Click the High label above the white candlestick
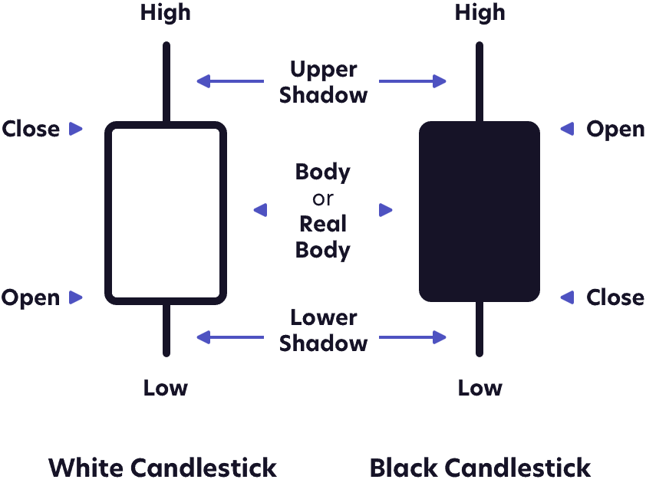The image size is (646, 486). (166, 13)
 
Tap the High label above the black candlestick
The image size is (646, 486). (480, 13)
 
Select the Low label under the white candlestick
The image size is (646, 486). (166, 388)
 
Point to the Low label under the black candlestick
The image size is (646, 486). (480, 388)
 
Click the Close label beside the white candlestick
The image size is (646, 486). (31, 129)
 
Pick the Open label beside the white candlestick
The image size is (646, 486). (31, 297)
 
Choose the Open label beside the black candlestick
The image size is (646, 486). (615, 129)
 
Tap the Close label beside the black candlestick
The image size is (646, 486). (615, 297)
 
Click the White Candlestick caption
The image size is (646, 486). (163, 467)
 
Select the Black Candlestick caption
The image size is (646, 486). (480, 467)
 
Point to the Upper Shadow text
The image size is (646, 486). (323, 82)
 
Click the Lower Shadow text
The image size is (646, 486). (323, 330)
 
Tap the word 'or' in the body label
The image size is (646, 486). (323, 199)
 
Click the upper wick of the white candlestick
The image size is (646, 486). (166, 81)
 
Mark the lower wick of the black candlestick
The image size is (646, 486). (480, 330)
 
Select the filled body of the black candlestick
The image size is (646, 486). (480, 211)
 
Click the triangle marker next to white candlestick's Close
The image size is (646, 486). (75, 129)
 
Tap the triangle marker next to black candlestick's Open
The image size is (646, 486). (567, 129)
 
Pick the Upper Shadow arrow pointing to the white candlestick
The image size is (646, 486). (229, 80)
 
